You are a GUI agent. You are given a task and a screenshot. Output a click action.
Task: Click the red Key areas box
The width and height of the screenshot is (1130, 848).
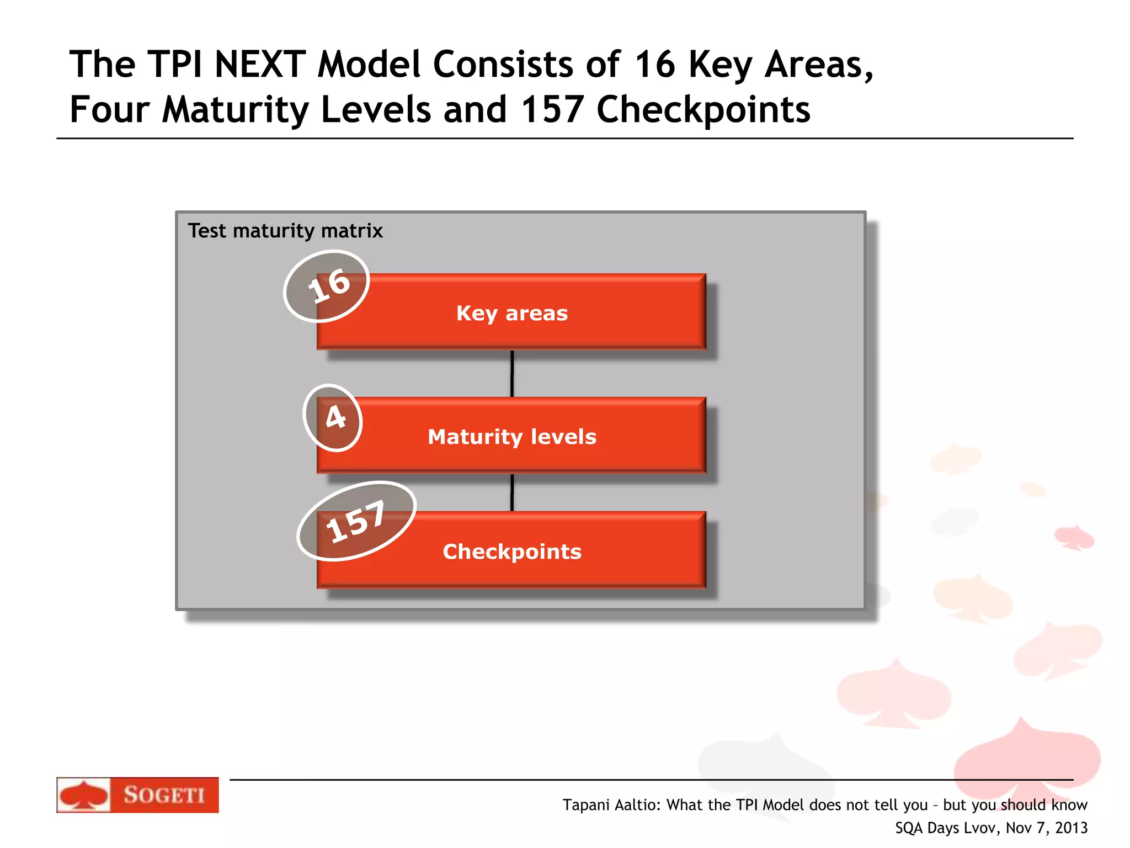[x=511, y=312]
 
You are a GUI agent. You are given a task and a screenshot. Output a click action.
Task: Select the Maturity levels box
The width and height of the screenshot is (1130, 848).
[x=511, y=436]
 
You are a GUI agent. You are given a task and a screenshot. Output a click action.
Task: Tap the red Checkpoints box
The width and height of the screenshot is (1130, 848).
[x=511, y=551]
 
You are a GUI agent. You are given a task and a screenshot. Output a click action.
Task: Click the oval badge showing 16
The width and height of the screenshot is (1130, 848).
[x=327, y=286]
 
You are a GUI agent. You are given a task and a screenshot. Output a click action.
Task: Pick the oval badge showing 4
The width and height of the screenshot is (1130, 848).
[x=333, y=417]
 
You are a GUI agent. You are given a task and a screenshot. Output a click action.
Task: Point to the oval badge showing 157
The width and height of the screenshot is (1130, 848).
[x=356, y=521]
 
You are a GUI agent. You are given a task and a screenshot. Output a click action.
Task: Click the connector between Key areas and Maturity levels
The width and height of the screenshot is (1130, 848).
[x=512, y=373]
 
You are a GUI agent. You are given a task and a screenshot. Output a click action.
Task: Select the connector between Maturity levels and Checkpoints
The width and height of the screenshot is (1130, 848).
[x=512, y=492]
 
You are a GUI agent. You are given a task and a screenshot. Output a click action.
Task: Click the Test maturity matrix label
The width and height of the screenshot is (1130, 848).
[x=285, y=231]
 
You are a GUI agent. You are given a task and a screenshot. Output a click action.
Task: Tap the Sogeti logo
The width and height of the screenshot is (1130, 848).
[x=137, y=794]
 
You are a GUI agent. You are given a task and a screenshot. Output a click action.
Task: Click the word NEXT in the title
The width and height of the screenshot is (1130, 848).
[x=259, y=65]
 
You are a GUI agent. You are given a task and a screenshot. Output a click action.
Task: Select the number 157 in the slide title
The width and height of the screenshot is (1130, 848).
[x=552, y=109]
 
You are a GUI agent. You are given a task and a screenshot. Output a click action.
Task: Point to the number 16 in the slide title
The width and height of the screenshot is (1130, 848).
[x=654, y=65]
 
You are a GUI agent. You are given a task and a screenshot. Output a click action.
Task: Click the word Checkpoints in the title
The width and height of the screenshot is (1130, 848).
[x=703, y=109]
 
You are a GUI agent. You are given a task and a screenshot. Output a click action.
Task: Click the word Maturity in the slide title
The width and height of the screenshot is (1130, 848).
[x=235, y=109]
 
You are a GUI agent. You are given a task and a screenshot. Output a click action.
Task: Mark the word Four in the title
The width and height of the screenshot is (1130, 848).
[x=109, y=109]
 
